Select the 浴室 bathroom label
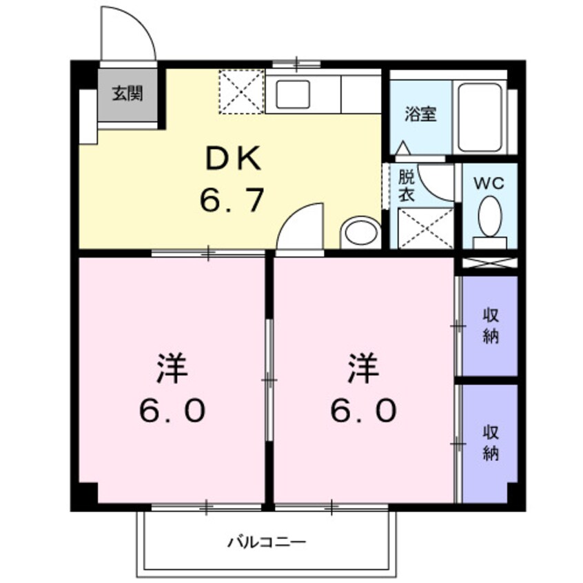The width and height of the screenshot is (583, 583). [420, 114]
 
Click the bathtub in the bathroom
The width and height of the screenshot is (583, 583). [481, 118]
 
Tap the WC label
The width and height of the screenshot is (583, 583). [489, 183]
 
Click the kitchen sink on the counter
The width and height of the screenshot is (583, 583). [293, 94]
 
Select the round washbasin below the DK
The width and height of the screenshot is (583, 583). [361, 232]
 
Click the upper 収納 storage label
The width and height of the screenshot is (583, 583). [490, 327]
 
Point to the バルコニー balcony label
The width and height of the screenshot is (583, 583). [267, 542]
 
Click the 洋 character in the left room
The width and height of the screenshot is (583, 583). [172, 369]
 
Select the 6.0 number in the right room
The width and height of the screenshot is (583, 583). [363, 411]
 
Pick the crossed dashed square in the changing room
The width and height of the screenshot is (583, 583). [426, 227]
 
